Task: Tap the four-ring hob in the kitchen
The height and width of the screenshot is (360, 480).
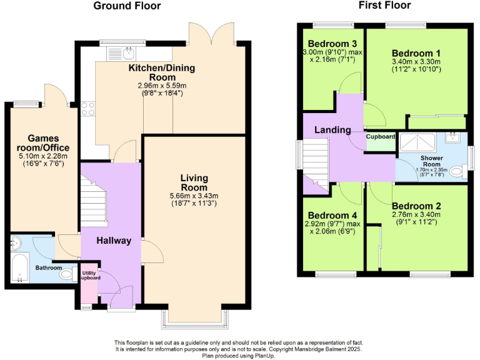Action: (x=88, y=109)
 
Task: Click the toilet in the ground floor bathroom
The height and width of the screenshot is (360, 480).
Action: (x=66, y=273)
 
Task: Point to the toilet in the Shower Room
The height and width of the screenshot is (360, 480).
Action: (x=457, y=171)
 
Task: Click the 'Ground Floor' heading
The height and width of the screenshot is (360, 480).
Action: (x=127, y=6)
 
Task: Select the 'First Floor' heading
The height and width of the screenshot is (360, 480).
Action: (x=384, y=6)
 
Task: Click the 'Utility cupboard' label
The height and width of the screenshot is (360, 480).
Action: (x=88, y=274)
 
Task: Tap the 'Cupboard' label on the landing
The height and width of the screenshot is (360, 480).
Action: (x=380, y=136)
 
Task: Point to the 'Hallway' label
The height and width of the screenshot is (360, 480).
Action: (x=114, y=241)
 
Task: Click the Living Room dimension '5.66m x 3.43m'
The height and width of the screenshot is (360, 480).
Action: (x=194, y=196)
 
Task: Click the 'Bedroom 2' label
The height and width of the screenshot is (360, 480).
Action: (x=416, y=206)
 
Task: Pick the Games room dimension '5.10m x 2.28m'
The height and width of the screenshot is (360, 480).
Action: (x=42, y=156)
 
